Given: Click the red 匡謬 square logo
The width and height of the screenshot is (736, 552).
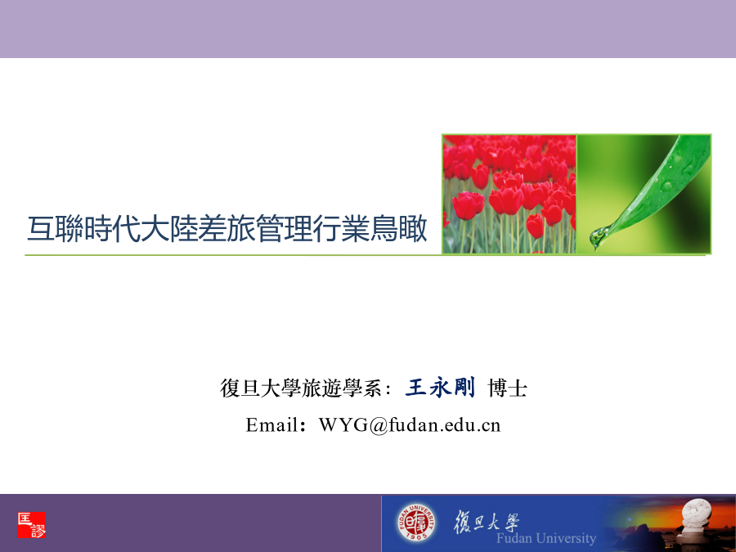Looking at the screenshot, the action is (31, 525).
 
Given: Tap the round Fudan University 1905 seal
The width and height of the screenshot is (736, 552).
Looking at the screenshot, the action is (415, 523).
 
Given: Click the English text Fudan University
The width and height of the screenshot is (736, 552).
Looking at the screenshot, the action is (546, 538).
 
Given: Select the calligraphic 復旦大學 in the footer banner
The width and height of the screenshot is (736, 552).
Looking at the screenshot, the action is (487, 522).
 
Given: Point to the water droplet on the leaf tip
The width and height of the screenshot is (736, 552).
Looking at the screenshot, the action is (599, 236).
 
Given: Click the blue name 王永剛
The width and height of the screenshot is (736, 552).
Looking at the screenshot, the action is (440, 388).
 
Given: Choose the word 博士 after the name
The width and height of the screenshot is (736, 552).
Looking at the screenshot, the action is (507, 388).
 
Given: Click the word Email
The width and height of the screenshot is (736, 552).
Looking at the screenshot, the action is (272, 425).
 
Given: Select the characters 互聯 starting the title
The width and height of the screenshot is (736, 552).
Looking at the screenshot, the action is (56, 229).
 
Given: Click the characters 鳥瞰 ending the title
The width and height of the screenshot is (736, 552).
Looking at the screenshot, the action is (398, 229).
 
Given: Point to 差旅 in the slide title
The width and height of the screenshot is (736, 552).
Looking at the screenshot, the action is (227, 229).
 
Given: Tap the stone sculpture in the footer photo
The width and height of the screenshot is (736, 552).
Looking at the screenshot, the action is (697, 521).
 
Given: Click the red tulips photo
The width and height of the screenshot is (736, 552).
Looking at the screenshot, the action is (509, 194).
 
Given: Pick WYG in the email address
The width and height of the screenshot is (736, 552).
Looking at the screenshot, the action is (343, 425).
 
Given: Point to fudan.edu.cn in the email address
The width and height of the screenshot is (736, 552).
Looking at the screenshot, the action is (444, 425).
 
